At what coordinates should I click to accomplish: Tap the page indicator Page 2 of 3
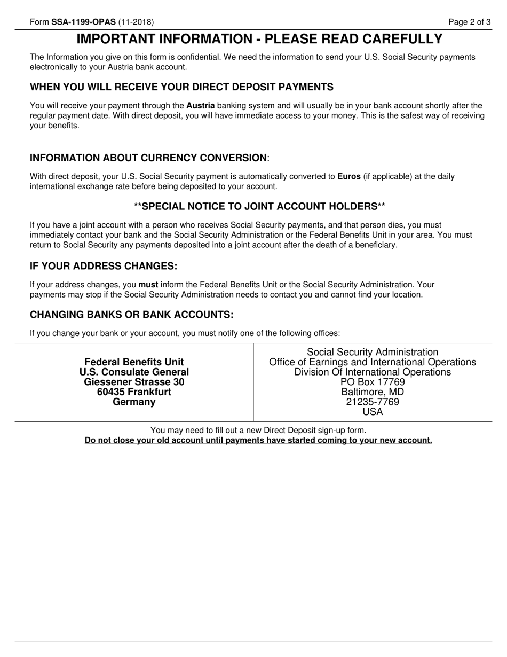tap(469, 22)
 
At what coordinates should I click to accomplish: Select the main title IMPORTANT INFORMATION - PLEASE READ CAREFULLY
tap(259, 39)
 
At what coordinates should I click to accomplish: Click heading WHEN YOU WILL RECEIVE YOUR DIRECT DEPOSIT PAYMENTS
tap(181, 87)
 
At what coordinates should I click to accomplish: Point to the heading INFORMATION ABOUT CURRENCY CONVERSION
tap(148, 158)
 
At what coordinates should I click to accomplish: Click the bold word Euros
tap(349, 176)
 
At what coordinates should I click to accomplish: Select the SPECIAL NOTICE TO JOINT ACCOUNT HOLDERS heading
tap(259, 207)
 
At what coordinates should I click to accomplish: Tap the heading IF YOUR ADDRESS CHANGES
tap(103, 266)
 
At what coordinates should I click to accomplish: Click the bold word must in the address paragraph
tap(148, 285)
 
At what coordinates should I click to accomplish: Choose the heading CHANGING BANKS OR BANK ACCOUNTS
tap(132, 315)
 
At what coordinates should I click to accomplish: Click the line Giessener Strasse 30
tap(134, 382)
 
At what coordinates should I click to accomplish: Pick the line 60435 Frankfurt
tap(134, 392)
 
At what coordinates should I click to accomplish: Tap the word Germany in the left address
tap(134, 402)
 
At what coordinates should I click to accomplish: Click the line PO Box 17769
tap(373, 382)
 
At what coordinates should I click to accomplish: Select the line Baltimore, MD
tap(373, 392)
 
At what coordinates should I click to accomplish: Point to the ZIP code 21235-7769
tap(373, 402)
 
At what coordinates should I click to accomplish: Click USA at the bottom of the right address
tap(373, 412)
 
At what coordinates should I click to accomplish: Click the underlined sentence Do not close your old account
tap(258, 440)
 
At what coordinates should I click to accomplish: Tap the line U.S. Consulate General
tap(134, 372)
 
